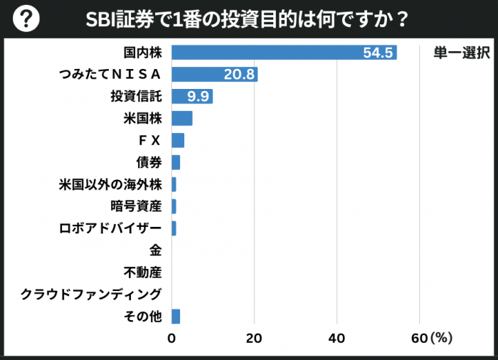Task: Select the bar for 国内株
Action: point(284,53)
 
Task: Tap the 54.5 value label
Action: point(377,53)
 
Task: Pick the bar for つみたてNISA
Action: point(214,75)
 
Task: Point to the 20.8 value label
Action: point(238,75)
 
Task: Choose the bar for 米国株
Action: point(182,118)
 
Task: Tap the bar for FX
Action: point(178,140)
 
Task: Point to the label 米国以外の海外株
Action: point(110,184)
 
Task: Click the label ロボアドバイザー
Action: point(110,228)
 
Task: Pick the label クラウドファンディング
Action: point(91,294)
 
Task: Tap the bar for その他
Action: point(176,316)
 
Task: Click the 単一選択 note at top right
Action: point(461,53)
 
